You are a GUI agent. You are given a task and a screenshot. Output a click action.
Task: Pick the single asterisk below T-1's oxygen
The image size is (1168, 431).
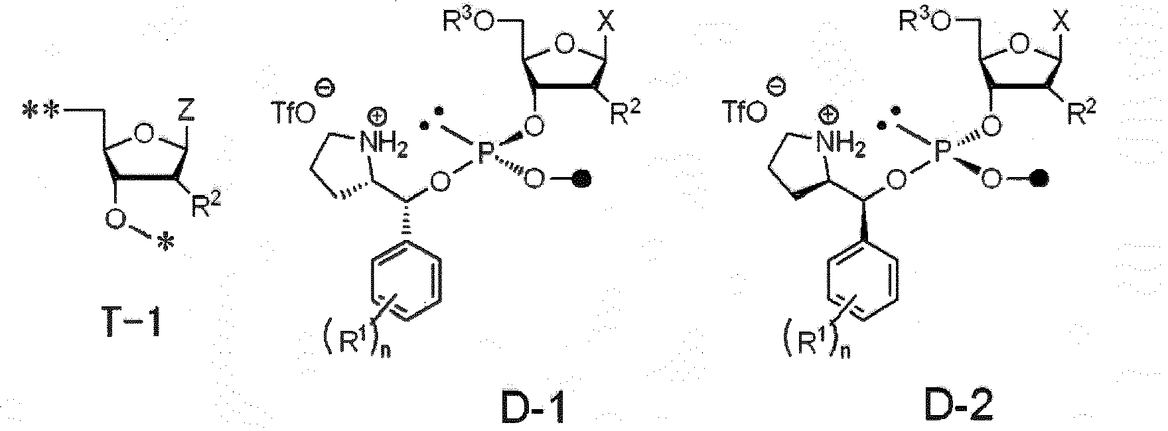point(167,246)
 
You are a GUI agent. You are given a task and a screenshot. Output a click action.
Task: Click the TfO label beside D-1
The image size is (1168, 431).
point(291,114)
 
